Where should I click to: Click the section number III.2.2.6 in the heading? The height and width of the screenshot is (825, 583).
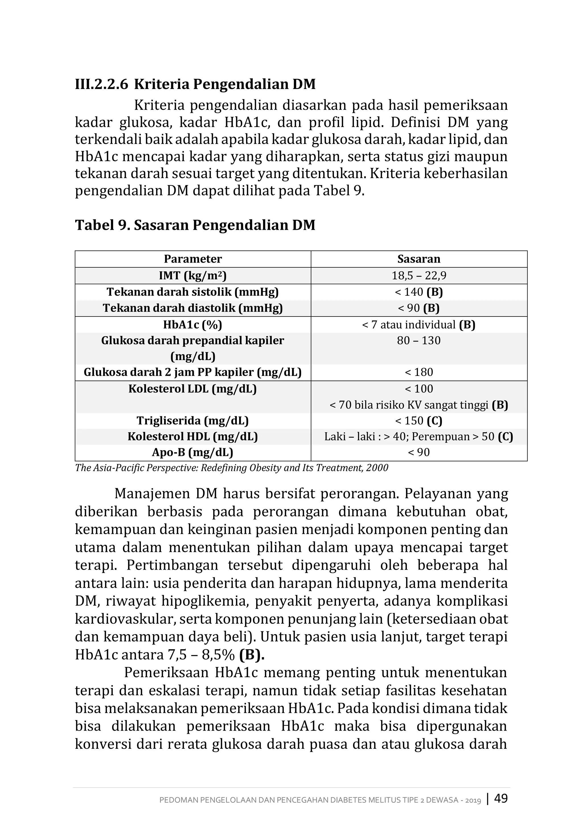pyautogui.click(x=101, y=84)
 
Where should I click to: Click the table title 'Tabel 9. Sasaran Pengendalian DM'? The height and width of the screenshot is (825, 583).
pyautogui.click(x=195, y=225)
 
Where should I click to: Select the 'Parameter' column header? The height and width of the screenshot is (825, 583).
pyautogui.click(x=193, y=259)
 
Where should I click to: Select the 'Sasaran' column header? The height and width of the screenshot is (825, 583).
pyautogui.click(x=419, y=259)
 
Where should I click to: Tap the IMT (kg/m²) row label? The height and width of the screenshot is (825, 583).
pyautogui.click(x=193, y=276)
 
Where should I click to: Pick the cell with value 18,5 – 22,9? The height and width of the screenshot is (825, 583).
pyautogui.click(x=419, y=276)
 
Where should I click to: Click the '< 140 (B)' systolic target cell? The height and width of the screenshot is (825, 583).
pyautogui.click(x=419, y=292)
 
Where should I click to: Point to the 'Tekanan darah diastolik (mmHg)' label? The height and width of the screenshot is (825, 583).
pyautogui.click(x=193, y=308)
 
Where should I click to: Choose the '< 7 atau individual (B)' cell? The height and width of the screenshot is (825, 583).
pyautogui.click(x=419, y=325)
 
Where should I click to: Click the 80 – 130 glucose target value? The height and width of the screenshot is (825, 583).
pyautogui.click(x=419, y=340)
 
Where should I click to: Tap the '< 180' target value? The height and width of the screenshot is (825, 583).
pyautogui.click(x=419, y=372)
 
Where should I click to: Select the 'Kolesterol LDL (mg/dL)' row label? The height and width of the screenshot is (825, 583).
pyautogui.click(x=193, y=389)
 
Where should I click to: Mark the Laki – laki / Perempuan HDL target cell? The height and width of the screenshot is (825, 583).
pyautogui.click(x=419, y=437)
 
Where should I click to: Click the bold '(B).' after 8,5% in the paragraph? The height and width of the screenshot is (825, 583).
pyautogui.click(x=251, y=655)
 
